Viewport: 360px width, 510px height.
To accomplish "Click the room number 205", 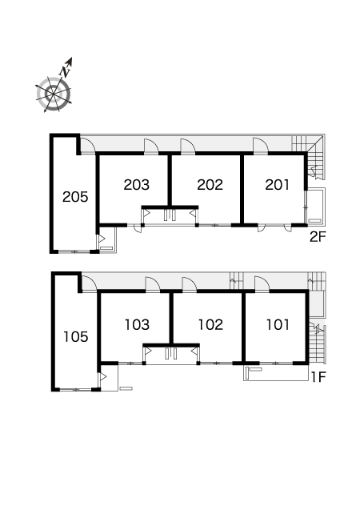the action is click(x=75, y=197).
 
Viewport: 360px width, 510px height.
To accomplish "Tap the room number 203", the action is click(x=137, y=185).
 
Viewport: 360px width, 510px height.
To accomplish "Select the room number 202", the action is click(x=210, y=185).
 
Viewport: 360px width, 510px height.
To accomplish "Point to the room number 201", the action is click(x=277, y=185).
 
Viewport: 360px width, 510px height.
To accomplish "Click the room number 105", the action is click(x=76, y=336).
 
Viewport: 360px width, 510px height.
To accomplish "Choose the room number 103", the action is click(x=137, y=324).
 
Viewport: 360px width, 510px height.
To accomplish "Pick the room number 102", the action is click(x=210, y=324).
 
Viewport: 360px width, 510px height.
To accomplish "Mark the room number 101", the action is click(x=278, y=324).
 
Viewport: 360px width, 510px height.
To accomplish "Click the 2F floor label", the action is click(x=317, y=237).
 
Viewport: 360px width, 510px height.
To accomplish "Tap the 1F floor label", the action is click(x=318, y=377).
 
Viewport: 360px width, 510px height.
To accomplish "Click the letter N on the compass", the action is click(x=66, y=71).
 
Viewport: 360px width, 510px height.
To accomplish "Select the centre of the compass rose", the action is click(x=53, y=94).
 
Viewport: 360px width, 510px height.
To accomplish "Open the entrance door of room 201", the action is click(x=261, y=145).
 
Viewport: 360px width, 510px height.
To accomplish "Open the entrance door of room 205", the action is click(x=87, y=145).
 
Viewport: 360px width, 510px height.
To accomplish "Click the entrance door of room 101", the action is click(x=262, y=283).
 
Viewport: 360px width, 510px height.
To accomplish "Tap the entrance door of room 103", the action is click(x=153, y=283).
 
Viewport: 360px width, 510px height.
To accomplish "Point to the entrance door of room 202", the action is click(x=188, y=145).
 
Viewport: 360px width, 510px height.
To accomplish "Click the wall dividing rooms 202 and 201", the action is click(x=242, y=189).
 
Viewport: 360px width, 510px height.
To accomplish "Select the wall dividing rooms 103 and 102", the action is click(x=171, y=318).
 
